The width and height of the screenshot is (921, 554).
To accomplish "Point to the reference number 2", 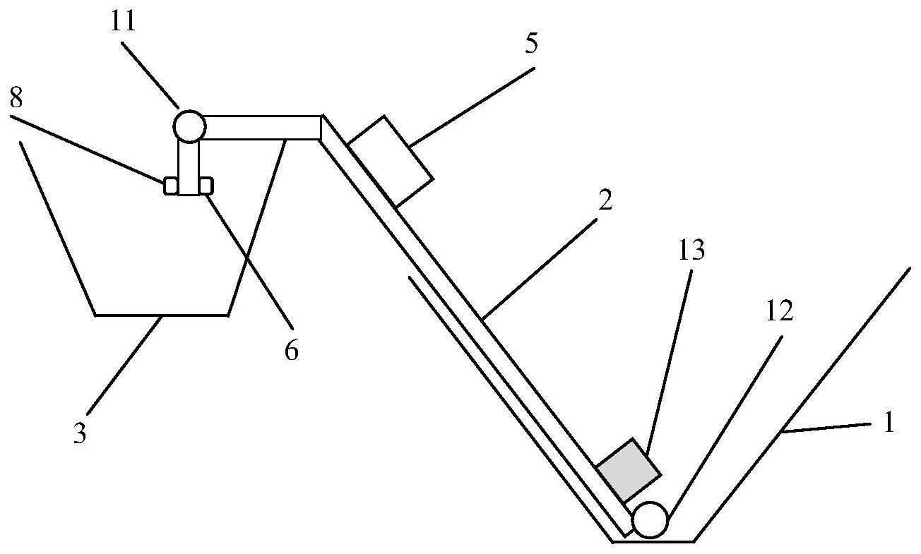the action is coord(604,202).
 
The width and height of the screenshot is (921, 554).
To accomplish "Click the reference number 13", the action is coord(691,251).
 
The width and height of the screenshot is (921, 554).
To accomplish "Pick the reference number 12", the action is coord(779,311).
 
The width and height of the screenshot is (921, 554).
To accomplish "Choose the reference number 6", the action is coord(291,350).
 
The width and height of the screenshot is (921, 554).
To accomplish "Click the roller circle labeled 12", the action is coord(650,519).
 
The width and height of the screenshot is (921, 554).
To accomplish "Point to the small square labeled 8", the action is coord(171,186).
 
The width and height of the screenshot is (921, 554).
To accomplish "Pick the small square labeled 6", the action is coord(206,185).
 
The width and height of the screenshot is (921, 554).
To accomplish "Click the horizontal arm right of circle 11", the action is coord(262,128).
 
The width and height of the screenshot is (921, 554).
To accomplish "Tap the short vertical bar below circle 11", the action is coord(188,167).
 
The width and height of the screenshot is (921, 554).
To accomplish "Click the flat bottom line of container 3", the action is coord(162,315).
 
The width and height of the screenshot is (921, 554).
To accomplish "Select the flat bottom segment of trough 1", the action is coord(653,541).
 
